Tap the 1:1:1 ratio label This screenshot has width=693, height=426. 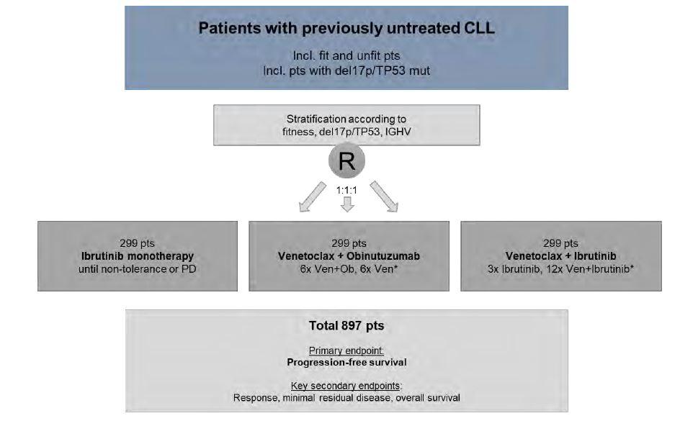(346, 190)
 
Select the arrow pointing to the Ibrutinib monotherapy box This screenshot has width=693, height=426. (313, 197)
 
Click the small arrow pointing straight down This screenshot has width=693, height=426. (347, 204)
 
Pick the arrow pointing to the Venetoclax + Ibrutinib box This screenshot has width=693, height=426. (384, 196)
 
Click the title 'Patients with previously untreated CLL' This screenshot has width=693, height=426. (346, 28)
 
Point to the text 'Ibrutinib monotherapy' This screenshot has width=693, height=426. (138, 256)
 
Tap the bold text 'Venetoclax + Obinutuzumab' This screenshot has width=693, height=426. (349, 256)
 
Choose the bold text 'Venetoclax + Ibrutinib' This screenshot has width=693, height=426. (561, 256)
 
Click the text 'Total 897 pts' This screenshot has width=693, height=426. (346, 326)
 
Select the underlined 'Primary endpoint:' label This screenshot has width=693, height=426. (346, 350)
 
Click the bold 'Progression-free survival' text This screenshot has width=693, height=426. (346, 363)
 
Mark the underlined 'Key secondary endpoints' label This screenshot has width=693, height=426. (346, 386)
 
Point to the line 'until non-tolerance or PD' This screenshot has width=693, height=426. (138, 269)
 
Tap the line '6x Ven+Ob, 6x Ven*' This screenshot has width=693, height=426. (349, 269)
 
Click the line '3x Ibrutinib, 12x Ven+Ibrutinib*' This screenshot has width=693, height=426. (561, 269)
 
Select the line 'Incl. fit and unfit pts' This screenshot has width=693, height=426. (346, 56)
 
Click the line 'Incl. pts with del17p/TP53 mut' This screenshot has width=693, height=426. (346, 71)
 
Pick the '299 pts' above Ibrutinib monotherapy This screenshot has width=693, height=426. (137, 243)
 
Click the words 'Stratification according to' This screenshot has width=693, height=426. (346, 119)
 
